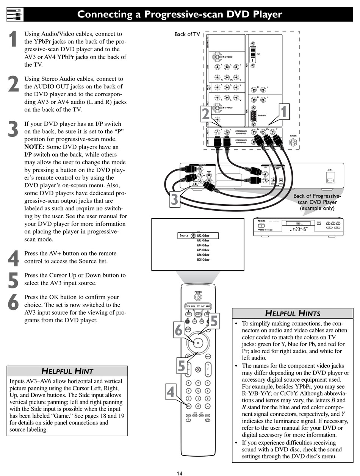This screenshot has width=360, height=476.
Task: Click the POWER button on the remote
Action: tap(198, 297)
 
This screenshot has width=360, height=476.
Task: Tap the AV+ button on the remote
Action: tap(188, 406)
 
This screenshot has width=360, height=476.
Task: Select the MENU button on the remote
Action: tap(208, 356)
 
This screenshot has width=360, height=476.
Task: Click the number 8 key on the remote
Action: tap(198, 398)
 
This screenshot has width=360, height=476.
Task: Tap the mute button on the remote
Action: tap(198, 369)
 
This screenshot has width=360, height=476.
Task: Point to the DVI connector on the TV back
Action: tap(254, 54)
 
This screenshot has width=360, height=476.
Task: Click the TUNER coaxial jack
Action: tap(293, 142)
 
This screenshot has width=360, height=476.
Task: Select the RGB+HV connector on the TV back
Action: tap(254, 115)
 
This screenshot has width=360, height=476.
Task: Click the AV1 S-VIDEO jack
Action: tap(217, 56)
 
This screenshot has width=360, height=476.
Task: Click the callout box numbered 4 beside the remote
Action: tap(171, 392)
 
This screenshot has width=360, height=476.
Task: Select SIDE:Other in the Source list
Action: tap(203, 260)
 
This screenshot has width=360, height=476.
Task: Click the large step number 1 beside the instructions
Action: tap(13, 39)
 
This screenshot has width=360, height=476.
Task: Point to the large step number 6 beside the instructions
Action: tap(13, 302)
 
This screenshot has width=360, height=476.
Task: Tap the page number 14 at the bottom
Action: tap(180, 473)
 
